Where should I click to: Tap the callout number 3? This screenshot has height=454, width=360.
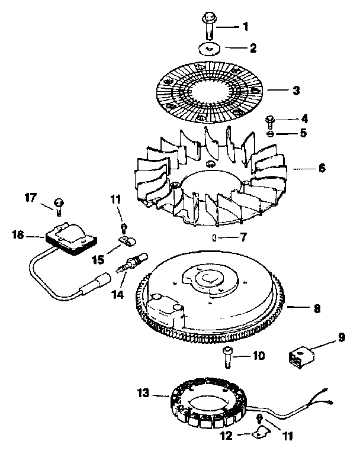[x=297, y=91]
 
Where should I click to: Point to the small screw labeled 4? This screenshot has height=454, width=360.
[x=269, y=121]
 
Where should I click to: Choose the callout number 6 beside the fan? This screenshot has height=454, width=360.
[x=322, y=168]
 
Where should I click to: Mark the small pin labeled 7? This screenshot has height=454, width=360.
[x=213, y=238]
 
